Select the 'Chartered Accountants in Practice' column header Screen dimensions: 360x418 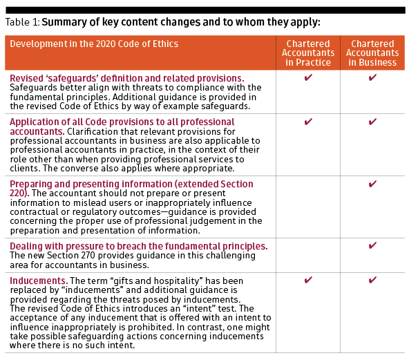[308, 53]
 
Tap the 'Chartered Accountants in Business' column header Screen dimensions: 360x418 [372, 53]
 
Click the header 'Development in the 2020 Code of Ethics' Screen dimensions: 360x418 [94, 44]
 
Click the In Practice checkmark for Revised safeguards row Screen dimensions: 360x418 [308, 78]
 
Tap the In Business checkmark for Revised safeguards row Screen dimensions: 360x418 [372, 78]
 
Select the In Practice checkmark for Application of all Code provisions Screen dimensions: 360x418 [308, 122]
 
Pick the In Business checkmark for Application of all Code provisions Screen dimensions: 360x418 [372, 122]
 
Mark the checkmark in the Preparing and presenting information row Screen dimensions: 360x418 [372, 184]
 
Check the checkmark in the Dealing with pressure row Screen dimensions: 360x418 [372, 246]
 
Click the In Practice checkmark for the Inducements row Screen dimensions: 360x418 [308, 281]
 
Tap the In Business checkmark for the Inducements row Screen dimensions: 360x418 [372, 281]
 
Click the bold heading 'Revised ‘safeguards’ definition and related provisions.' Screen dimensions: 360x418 [127, 78]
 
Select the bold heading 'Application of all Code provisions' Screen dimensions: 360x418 [113, 122]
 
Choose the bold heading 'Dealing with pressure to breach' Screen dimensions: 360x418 [138, 247]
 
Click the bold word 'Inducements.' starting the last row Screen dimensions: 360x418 [38, 281]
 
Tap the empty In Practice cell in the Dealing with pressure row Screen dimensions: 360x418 [308, 256]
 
